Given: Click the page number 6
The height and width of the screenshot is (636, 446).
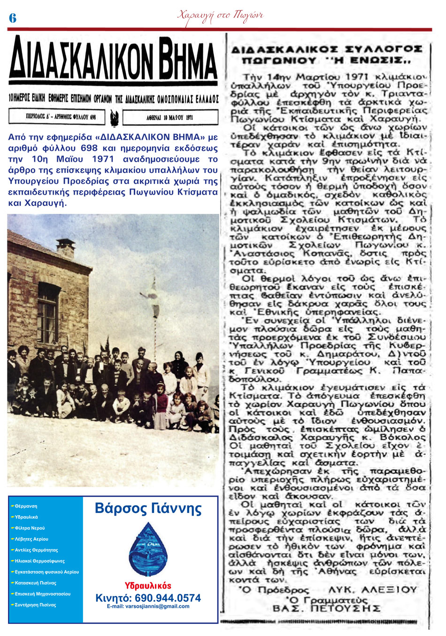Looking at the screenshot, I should point(13,18).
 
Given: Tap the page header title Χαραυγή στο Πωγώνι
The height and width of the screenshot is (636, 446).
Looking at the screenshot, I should point(220,16).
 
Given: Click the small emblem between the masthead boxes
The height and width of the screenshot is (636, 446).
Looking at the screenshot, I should point(113,118).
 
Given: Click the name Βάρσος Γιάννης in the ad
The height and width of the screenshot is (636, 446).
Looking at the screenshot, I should point(148,509).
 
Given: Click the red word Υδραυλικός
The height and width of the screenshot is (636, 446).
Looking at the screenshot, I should point(148,586).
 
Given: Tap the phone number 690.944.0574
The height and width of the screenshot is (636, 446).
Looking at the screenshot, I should point(148,598).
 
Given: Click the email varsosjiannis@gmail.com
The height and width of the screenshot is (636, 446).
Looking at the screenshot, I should point(148,606).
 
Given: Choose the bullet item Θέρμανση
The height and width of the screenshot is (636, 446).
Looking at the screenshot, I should point(26,506).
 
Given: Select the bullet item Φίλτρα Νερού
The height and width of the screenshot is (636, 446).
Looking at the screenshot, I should point(30,528).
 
